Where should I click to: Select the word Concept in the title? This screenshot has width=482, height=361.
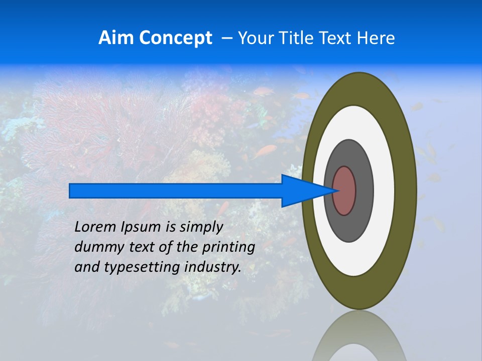coord(175,38)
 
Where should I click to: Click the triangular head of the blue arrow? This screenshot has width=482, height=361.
coord(301,191)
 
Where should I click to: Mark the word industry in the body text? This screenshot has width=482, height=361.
coord(213,267)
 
